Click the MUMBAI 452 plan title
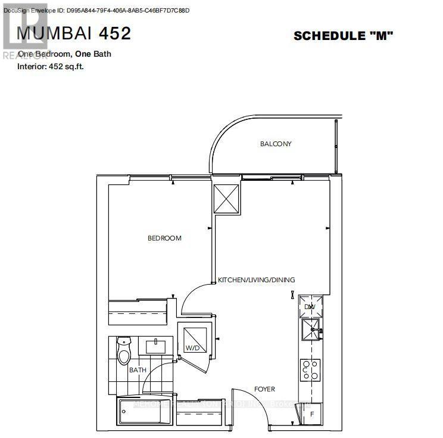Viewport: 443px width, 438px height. click(74, 33)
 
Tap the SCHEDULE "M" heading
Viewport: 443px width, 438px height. click(344, 36)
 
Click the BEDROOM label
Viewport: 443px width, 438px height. click(164, 238)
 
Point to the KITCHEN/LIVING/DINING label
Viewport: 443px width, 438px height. click(257, 280)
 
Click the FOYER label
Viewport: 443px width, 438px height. click(264, 389)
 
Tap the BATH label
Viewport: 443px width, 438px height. click(138, 370)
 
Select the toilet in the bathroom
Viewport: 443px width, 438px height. click(124, 351)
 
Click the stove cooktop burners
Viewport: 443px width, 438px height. click(310, 371)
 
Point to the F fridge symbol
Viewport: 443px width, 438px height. click(311, 412)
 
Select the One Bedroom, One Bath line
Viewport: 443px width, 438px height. click(64, 54)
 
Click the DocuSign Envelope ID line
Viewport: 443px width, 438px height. click(95, 11)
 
